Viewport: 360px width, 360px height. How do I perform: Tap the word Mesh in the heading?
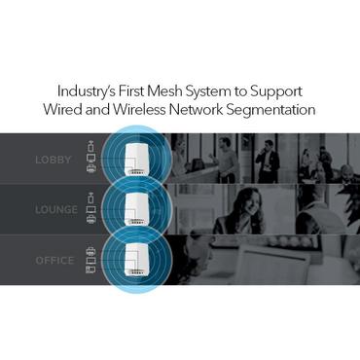pos(184,89)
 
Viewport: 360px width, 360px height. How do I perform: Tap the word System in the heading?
pos(229,89)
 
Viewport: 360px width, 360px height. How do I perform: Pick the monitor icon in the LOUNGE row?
pos(91,209)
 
